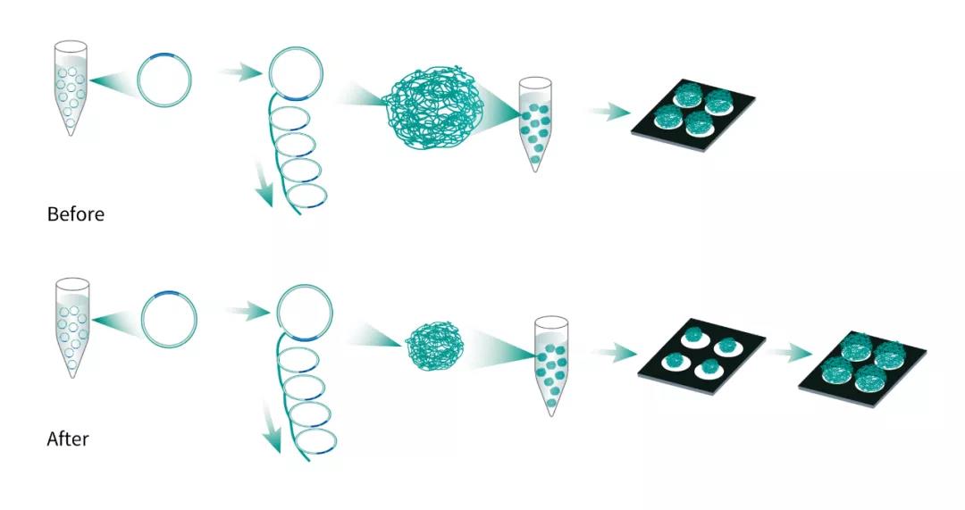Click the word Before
point(76,214)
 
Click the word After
point(68,439)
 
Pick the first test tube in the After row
point(72,327)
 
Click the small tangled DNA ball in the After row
point(434,347)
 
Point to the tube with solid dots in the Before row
point(535,123)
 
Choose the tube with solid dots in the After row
point(550,365)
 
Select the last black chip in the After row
point(861,369)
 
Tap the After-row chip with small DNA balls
point(701,356)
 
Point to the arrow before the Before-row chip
point(608,112)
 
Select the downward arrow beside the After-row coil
point(272,425)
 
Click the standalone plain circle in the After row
point(169,318)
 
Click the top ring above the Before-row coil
point(296,73)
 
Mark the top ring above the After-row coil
point(305,313)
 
